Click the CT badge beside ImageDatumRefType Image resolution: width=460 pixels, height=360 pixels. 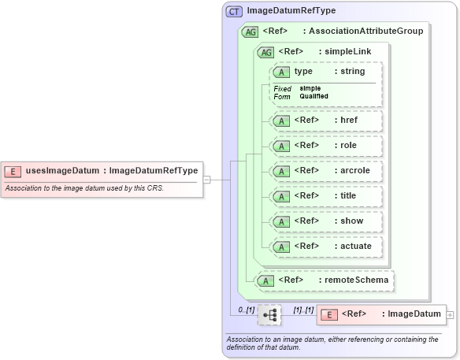tap(235, 12)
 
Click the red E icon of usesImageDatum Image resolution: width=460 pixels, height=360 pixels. tap(13, 170)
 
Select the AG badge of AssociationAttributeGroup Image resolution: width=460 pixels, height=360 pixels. tap(250, 32)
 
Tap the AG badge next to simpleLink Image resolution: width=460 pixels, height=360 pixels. tap(266, 51)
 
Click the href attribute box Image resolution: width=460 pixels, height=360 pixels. tap(326, 121)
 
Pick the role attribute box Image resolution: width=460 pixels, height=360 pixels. tap(326, 146)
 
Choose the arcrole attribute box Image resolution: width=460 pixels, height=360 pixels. tap(326, 170)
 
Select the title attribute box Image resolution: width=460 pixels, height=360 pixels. tap(326, 195)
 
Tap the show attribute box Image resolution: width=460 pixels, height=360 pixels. tap(326, 221)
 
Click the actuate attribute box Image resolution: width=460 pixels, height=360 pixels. tap(326, 246)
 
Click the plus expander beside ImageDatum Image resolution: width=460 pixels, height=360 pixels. tap(450, 314)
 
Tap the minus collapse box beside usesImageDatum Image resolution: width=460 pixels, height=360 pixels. tap(206, 179)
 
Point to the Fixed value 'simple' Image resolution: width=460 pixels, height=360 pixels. tap(310, 88)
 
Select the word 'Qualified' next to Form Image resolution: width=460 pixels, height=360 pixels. tap(313, 96)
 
